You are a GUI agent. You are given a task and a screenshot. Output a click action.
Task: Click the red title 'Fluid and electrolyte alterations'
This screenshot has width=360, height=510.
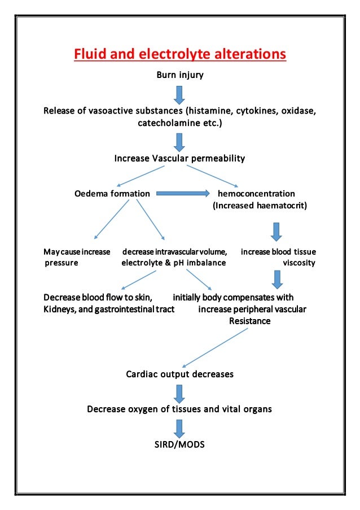pos(180,55)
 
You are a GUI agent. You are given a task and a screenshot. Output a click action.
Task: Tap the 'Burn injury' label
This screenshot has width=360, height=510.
pos(179,75)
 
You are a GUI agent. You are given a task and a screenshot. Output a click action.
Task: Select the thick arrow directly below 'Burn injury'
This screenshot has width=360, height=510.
pos(179,94)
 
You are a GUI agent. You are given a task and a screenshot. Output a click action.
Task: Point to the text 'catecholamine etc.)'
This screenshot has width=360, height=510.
pos(180,121)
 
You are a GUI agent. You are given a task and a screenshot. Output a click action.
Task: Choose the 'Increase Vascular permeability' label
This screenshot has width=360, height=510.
pos(179,159)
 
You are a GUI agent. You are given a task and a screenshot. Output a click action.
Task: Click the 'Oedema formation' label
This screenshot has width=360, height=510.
pos(112,194)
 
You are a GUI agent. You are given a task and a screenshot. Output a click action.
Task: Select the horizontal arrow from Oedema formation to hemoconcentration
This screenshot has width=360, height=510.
pos(181,194)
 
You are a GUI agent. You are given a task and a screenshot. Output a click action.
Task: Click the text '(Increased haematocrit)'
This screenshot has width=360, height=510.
pos(260,206)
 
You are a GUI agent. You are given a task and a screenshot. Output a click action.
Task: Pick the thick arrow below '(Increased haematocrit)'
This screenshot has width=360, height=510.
pos(276,231)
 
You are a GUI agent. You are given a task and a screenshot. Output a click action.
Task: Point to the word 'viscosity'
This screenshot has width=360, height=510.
pos(298,263)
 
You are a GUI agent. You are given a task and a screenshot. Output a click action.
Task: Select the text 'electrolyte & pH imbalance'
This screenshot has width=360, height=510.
pos(174,263)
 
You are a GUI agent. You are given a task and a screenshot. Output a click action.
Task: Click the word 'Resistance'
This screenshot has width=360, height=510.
pos(249,321)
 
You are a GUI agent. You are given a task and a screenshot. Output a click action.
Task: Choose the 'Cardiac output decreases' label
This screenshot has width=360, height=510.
pos(179,374)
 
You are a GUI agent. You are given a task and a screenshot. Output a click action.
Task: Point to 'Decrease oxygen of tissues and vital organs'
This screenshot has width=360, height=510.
pos(179,408)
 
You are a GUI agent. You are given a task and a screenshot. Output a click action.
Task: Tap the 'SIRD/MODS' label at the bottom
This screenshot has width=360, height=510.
pos(179,444)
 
